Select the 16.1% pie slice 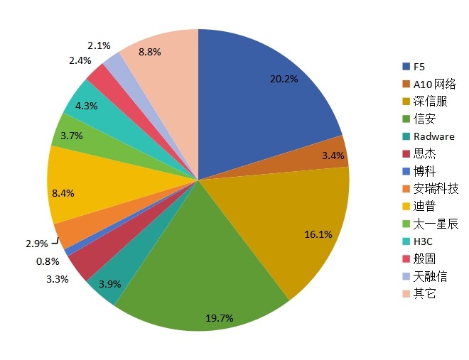pyautogui.click(x=298, y=227)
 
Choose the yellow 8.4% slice pyautogui.click(x=78, y=186)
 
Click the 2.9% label pyautogui.click(x=36, y=244)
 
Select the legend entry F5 pyautogui.click(x=419, y=67)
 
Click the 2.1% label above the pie pyautogui.click(x=99, y=45)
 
